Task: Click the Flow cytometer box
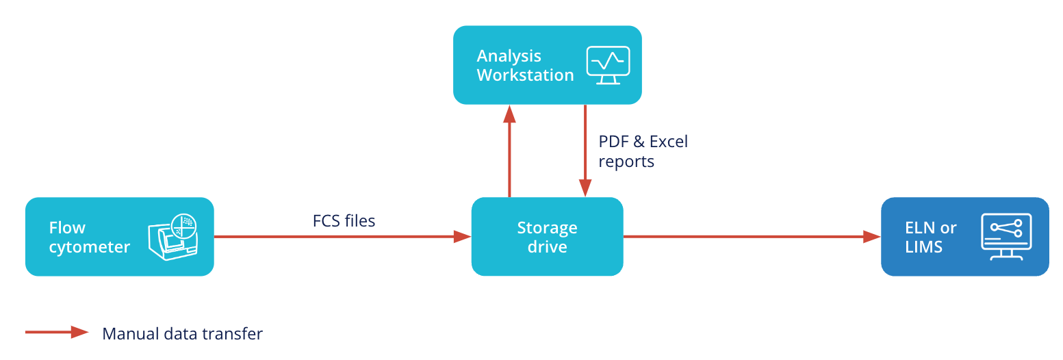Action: tap(119, 237)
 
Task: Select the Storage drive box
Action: tap(547, 237)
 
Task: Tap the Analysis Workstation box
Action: tap(547, 65)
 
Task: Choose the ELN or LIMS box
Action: tap(964, 237)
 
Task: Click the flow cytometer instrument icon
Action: tap(173, 237)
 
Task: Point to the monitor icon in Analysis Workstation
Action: tap(608, 65)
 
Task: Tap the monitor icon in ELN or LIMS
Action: tap(1006, 237)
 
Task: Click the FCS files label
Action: tap(344, 221)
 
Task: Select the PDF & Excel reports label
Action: tap(643, 151)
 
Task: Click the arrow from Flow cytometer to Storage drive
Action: tap(342, 237)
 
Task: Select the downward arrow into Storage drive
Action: tap(585, 151)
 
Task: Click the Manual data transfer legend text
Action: tap(182, 334)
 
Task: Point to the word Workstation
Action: tap(525, 75)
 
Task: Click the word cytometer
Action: tap(89, 247)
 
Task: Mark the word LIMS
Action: tap(923, 247)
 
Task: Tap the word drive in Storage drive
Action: tap(547, 247)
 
